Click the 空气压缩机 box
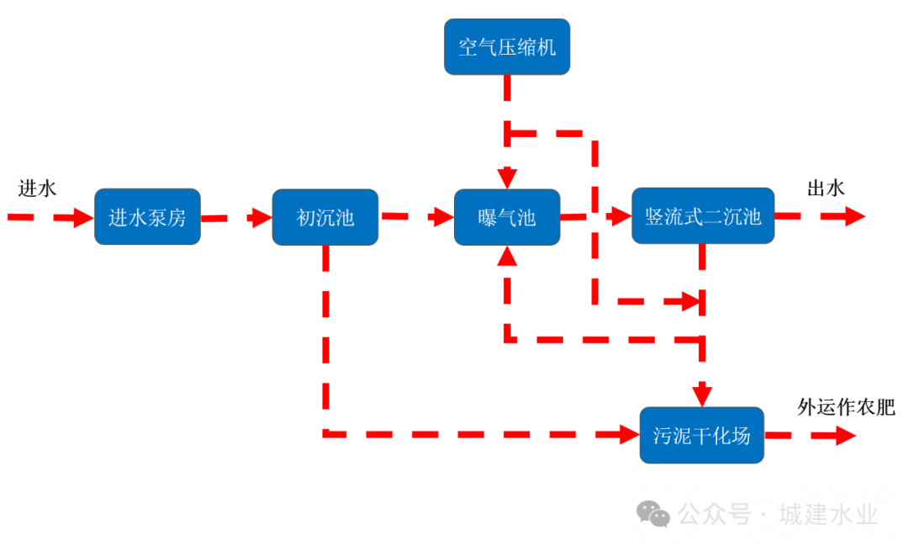pos(507,46)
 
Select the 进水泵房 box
pos(147,217)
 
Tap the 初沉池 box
pos(325,217)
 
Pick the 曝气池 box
pos(507,217)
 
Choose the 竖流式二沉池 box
pos(703,216)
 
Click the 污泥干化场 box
pos(701,435)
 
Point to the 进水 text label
pos(37,188)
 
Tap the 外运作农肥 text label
pos(846,408)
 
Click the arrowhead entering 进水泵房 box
pos(84,217)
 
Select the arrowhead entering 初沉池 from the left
pos(261,217)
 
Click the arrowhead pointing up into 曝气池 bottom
pos(507,255)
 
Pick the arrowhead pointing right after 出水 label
pos(854,216)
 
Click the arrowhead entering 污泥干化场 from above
pos(702,395)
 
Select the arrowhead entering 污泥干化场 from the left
pos(629,434)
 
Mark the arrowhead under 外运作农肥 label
pos(845,435)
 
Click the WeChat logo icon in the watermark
pos(653,513)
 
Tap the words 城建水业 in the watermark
pos(828,514)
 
